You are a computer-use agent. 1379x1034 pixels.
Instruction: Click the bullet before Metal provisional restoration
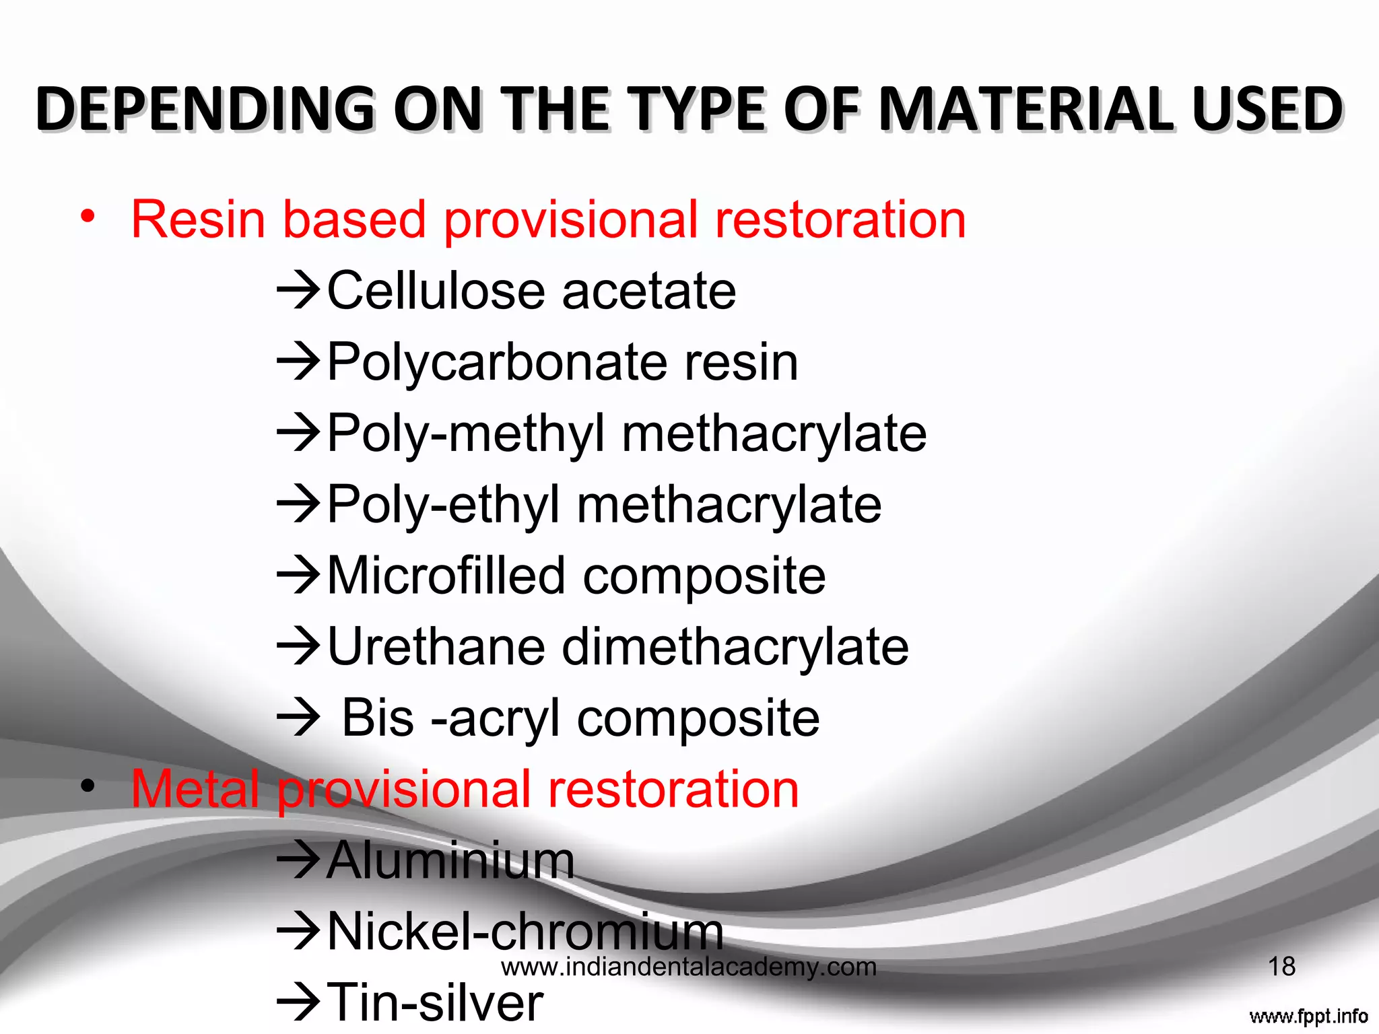click(87, 786)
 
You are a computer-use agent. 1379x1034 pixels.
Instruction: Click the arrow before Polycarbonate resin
click(298, 361)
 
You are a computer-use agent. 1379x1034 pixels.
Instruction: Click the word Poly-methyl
click(466, 434)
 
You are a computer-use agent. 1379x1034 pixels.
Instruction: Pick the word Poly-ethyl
click(444, 505)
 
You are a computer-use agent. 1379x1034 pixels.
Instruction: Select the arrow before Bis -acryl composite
click(298, 718)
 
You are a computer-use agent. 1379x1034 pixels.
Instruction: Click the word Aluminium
click(450, 860)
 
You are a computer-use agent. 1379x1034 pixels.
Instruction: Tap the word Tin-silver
click(435, 1002)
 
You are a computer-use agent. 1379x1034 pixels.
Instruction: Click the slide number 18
click(1281, 967)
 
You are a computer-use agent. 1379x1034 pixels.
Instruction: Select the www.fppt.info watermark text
click(1308, 1016)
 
